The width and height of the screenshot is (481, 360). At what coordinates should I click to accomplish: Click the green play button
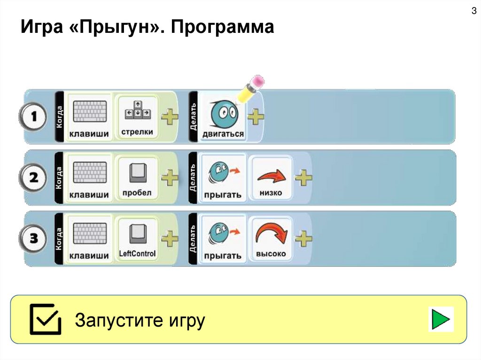[x=440, y=320]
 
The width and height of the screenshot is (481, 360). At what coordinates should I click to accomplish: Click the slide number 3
[x=473, y=11]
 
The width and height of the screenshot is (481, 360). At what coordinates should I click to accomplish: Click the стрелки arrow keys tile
[x=137, y=117]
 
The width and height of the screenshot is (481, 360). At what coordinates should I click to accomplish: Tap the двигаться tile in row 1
[x=223, y=117]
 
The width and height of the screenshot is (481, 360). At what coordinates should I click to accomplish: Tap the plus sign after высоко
[x=303, y=239]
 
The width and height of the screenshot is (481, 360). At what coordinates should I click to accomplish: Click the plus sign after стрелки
[x=169, y=117]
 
